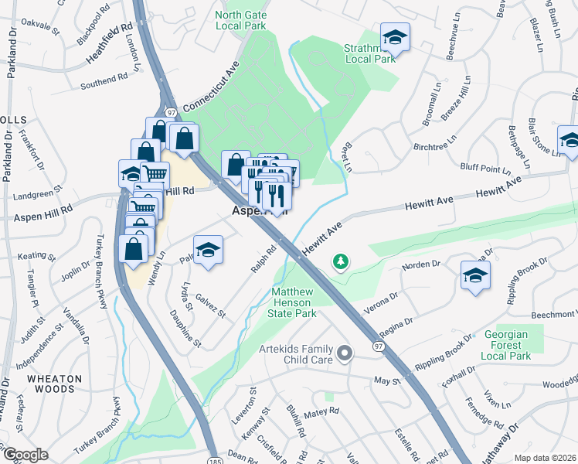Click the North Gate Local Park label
click(x=240, y=19)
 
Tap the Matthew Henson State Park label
click(x=294, y=303)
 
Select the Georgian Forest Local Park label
click(x=505, y=343)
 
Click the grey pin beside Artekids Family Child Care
click(x=345, y=353)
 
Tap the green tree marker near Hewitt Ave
click(x=340, y=263)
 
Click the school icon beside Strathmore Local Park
click(x=395, y=36)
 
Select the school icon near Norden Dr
click(x=475, y=275)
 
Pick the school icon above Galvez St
click(x=207, y=251)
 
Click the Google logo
click(x=25, y=455)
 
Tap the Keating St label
click(x=37, y=255)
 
